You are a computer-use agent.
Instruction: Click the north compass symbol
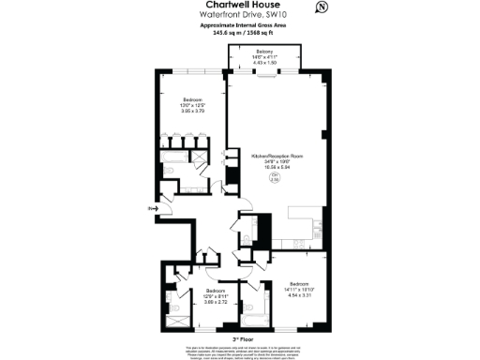point(322,7)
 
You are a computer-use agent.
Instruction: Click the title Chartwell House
point(239,6)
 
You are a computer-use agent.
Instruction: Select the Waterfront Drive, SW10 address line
point(239,15)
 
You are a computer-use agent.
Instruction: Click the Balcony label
point(266,52)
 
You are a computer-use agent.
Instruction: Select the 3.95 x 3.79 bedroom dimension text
point(191,110)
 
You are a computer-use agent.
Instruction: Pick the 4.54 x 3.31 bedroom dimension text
point(299,294)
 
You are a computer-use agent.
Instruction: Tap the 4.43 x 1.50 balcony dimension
point(266,64)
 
